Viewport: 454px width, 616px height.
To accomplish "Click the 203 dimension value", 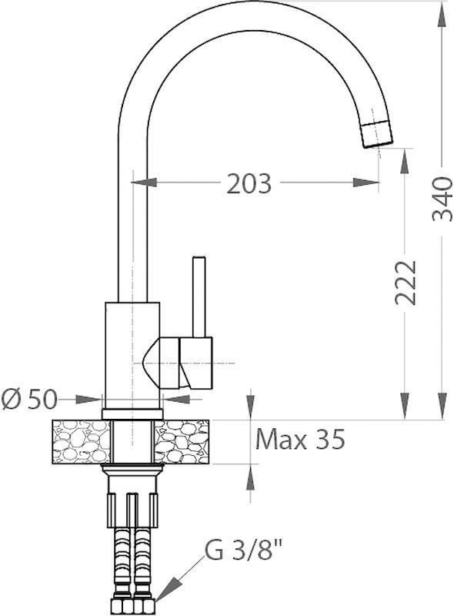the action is coord(249,183).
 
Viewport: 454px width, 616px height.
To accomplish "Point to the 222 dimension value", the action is coord(405,282).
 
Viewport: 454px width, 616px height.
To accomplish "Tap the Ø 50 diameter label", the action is coord(29,400).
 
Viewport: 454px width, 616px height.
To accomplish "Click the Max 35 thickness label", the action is coord(300,439).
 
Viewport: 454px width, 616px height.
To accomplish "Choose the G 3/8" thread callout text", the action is coord(243,551).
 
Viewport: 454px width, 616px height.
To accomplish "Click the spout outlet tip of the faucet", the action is coord(377,136).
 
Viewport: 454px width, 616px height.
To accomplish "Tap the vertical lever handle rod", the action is coord(199,296).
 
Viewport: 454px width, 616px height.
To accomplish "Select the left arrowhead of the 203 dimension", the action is coord(144,182).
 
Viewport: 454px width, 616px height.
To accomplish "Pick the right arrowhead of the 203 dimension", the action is coord(366,182).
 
